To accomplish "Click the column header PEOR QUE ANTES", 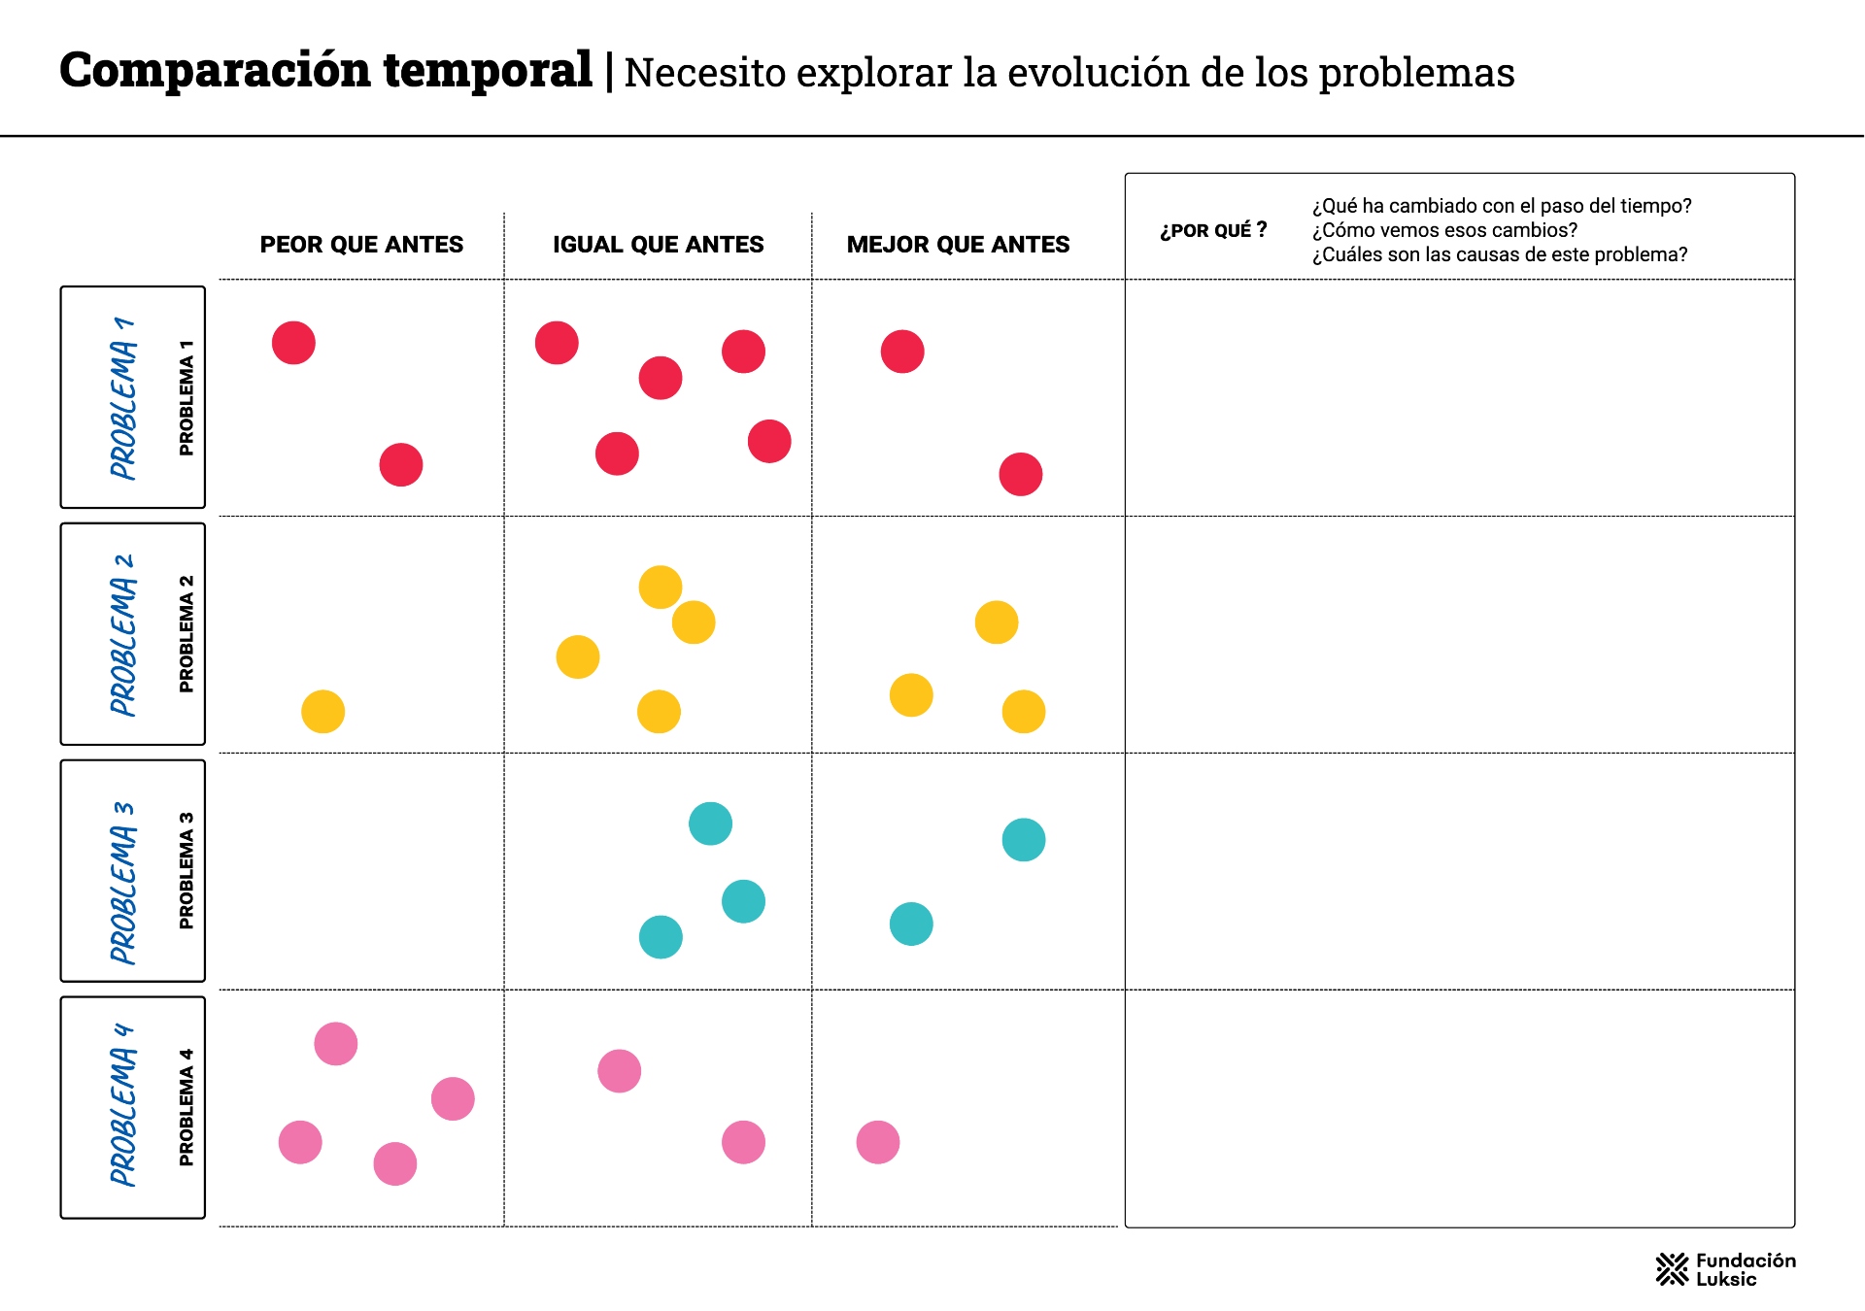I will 361,245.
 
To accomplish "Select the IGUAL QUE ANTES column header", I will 658,245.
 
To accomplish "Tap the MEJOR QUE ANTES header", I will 958,245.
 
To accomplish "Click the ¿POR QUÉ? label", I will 1213,230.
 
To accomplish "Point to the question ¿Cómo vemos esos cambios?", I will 1444,230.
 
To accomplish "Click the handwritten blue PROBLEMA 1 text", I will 123,397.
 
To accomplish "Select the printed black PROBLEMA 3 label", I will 186,870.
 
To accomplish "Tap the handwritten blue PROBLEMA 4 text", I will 123,1105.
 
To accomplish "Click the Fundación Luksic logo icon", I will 1672,1269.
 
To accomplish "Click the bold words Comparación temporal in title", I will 325,70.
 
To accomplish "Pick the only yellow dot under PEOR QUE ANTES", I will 323,712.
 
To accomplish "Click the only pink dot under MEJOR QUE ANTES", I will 878,1142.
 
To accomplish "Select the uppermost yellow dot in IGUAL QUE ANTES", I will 661,588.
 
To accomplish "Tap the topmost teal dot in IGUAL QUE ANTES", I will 710,824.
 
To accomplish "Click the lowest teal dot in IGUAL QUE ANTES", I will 661,937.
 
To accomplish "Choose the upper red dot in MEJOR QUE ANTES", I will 902,352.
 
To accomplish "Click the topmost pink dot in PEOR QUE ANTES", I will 336,1044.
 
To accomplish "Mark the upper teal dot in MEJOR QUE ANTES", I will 1024,840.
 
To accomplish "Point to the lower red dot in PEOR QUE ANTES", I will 401,465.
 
